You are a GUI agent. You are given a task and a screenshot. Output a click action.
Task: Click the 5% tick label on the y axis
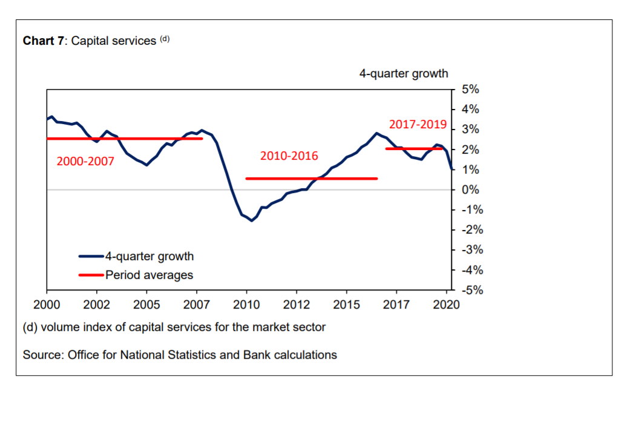coord(470,90)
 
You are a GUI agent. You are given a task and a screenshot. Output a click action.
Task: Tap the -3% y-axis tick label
coord(469,250)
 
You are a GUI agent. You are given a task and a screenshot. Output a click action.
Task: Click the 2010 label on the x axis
coord(247,304)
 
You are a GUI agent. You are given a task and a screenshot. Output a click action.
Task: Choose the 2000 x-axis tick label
coord(47,304)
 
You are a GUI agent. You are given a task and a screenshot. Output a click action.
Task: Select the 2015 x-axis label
coord(347,304)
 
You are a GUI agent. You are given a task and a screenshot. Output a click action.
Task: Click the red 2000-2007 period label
coord(85,162)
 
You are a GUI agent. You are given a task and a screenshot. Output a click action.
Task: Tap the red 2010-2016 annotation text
coord(289,156)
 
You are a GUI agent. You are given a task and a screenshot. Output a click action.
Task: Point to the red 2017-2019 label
coord(418,125)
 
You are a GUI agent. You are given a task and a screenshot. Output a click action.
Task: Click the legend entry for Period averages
coord(149,275)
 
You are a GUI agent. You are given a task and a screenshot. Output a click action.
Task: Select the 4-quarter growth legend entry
coord(149,256)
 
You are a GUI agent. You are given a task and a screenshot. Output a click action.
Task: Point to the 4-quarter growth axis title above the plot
coord(404,74)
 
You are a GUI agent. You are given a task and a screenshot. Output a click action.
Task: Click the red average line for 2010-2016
coord(312,178)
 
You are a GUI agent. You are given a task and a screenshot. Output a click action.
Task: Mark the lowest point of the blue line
coord(251,220)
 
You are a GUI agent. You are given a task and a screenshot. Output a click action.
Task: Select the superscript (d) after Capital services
coord(165,39)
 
